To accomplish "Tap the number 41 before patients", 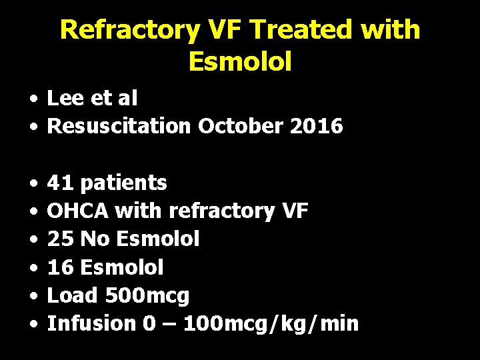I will pos(59,183).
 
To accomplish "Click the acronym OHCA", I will pos(78,211).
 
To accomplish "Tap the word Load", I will pos(71,295).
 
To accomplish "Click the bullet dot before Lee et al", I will pos(33,99).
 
